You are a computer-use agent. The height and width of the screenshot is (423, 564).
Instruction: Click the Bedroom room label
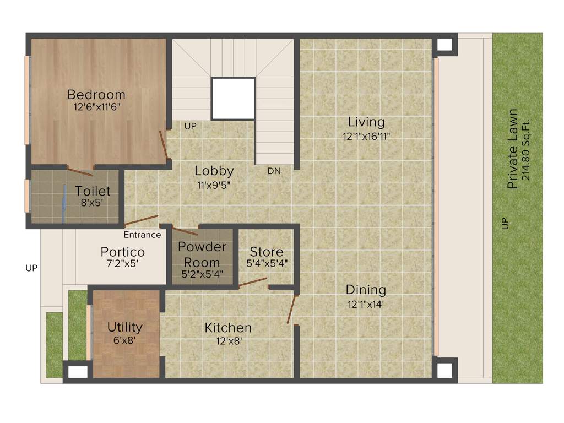pos(96,94)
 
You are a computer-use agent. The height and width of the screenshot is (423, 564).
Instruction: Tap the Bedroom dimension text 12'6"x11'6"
pos(96,107)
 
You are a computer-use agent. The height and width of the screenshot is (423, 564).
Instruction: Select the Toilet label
pos(93,191)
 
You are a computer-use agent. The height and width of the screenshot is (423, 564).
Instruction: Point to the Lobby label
pos(214,171)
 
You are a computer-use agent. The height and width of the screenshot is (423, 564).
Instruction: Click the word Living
pos(366,122)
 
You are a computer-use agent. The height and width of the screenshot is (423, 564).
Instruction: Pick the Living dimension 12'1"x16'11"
pos(366,135)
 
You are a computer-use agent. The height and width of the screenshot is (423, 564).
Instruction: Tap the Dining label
pos(366,290)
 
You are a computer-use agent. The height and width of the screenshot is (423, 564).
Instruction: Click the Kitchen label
pos(228,328)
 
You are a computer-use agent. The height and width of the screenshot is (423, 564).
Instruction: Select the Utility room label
pos(125,327)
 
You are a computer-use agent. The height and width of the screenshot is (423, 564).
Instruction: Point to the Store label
pos(267,252)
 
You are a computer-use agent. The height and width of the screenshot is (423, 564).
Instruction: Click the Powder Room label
pos(202,254)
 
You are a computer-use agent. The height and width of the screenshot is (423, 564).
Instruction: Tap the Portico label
pos(123,252)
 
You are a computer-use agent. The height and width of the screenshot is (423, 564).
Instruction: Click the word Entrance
pos(142,235)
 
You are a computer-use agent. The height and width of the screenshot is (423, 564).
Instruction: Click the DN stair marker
pos(274,171)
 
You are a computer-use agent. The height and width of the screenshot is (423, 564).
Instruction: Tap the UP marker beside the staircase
pos(191,126)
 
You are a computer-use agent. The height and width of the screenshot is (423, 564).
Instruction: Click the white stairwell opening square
pos(233,99)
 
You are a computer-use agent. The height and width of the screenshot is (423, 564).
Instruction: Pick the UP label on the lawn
pos(506,224)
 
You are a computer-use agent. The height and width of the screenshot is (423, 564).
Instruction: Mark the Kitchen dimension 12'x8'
pos(228,341)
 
